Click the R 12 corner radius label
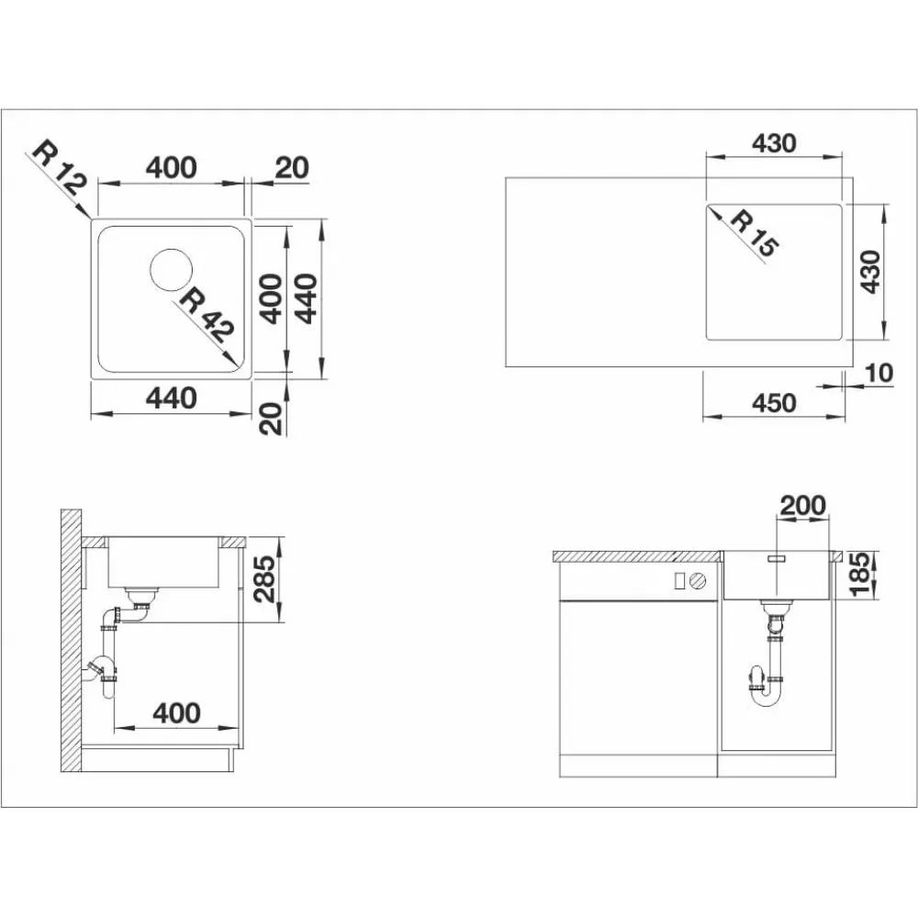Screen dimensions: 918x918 pyautogui.click(x=59, y=167)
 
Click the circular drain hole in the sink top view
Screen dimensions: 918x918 pyautogui.click(x=171, y=270)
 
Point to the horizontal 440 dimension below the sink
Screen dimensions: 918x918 pyautogui.click(x=171, y=398)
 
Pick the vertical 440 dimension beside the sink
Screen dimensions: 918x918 pyautogui.click(x=306, y=298)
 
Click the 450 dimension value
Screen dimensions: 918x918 pyautogui.click(x=774, y=403)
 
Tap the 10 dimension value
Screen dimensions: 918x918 pyautogui.click(x=879, y=373)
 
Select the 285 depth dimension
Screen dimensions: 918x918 pyautogui.click(x=264, y=579)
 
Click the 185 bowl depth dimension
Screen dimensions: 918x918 pyautogui.click(x=861, y=575)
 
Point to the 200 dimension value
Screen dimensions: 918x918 pyautogui.click(x=802, y=505)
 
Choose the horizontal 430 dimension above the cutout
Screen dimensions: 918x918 pyautogui.click(x=774, y=143)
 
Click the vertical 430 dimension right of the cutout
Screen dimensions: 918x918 pyautogui.click(x=870, y=272)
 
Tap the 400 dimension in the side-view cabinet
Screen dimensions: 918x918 pyautogui.click(x=176, y=713)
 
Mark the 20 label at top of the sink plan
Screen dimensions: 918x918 pyautogui.click(x=292, y=168)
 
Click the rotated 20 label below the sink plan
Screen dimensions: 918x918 pyautogui.click(x=271, y=418)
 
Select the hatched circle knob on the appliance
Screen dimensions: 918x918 pyautogui.click(x=698, y=581)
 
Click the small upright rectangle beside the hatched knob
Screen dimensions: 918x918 pyautogui.click(x=679, y=580)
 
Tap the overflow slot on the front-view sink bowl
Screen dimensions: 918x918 pyautogui.click(x=776, y=559)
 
